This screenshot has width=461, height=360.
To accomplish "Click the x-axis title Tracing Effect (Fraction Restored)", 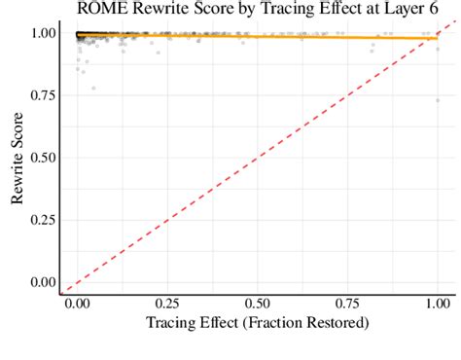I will tap(257, 322).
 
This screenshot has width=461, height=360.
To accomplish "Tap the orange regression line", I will tap(292, 36).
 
